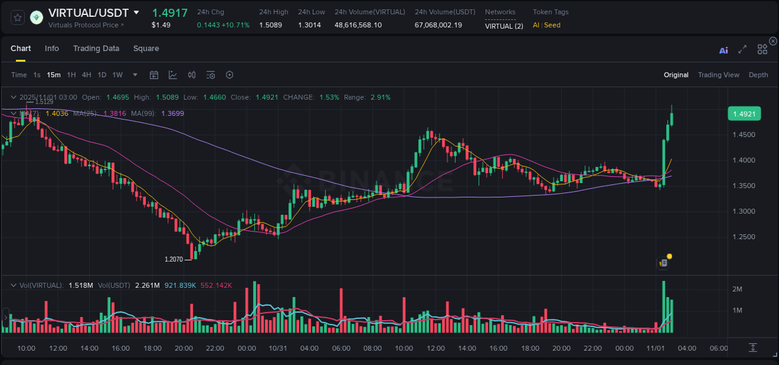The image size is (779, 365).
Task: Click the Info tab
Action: pyautogui.click(x=52, y=49)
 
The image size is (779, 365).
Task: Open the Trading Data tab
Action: pyautogui.click(x=96, y=49)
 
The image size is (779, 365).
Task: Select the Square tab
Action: pyautogui.click(x=146, y=49)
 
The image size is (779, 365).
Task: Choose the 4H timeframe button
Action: pyautogui.click(x=87, y=75)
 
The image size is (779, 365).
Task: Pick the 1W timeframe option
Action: pyautogui.click(x=117, y=75)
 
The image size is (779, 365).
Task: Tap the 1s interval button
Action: pyautogui.click(x=37, y=75)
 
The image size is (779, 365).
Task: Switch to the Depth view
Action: pyautogui.click(x=758, y=75)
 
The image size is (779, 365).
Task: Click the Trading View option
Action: pyautogui.click(x=718, y=75)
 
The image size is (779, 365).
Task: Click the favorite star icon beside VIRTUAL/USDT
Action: pyautogui.click(x=17, y=17)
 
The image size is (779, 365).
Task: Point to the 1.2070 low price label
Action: pyautogui.click(x=174, y=259)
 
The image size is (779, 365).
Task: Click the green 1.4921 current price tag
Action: pyautogui.click(x=744, y=114)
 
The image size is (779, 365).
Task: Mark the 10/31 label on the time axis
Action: pyautogui.click(x=278, y=348)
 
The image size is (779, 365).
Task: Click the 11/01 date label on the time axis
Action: pyautogui.click(x=656, y=348)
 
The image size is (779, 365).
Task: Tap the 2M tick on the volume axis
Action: pyautogui.click(x=737, y=289)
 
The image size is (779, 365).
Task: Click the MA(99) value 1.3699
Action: pyautogui.click(x=172, y=113)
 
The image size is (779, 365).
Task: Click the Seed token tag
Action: pyautogui.click(x=552, y=25)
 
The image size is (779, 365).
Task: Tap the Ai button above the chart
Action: pyautogui.click(x=724, y=50)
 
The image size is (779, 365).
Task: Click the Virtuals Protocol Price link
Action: pyautogui.click(x=86, y=25)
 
